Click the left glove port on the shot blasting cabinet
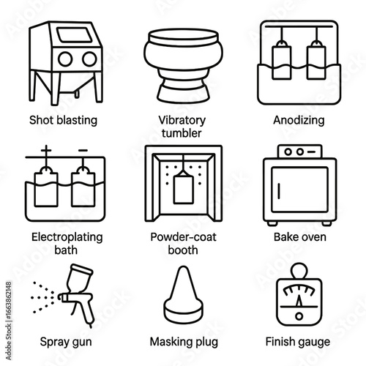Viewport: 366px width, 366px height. point(65,59)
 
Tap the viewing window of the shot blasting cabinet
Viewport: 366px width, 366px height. point(75,34)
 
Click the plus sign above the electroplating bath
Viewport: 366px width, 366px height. point(46,150)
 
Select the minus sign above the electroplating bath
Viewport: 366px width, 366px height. point(83,150)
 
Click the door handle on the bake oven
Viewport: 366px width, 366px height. point(279,190)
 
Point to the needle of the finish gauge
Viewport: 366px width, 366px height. point(299,301)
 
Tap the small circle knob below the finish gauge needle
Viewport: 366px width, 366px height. point(299,316)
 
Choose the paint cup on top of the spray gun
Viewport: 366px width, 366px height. point(78,277)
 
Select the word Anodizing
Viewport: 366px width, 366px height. point(299,120)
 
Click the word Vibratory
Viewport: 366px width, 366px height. point(182,120)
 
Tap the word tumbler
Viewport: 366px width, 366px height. point(182,133)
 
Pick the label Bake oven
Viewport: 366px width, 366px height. point(300,237)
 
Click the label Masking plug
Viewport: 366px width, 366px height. point(184,342)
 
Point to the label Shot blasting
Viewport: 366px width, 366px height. point(63,120)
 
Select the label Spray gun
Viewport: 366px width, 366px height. point(66,342)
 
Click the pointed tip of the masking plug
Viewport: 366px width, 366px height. point(183,267)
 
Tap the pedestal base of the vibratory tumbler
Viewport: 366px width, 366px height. point(183,94)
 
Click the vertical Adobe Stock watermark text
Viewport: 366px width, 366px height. point(9,321)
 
